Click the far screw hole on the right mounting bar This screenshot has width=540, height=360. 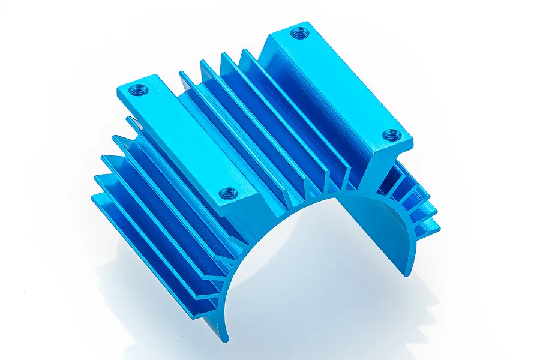point(299,32)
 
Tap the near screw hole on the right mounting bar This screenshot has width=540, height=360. point(391,135)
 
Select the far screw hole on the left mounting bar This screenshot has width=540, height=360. point(138,90)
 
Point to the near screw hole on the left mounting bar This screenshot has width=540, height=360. point(228,193)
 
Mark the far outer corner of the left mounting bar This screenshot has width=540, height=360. point(120,90)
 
